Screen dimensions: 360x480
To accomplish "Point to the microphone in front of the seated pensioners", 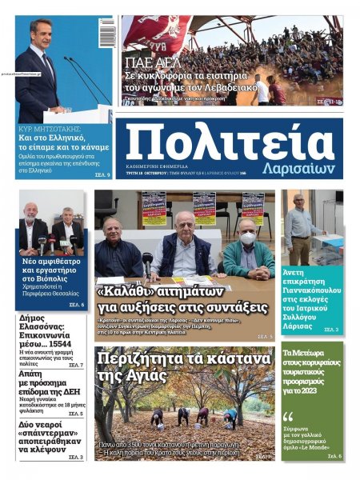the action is [147, 260].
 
